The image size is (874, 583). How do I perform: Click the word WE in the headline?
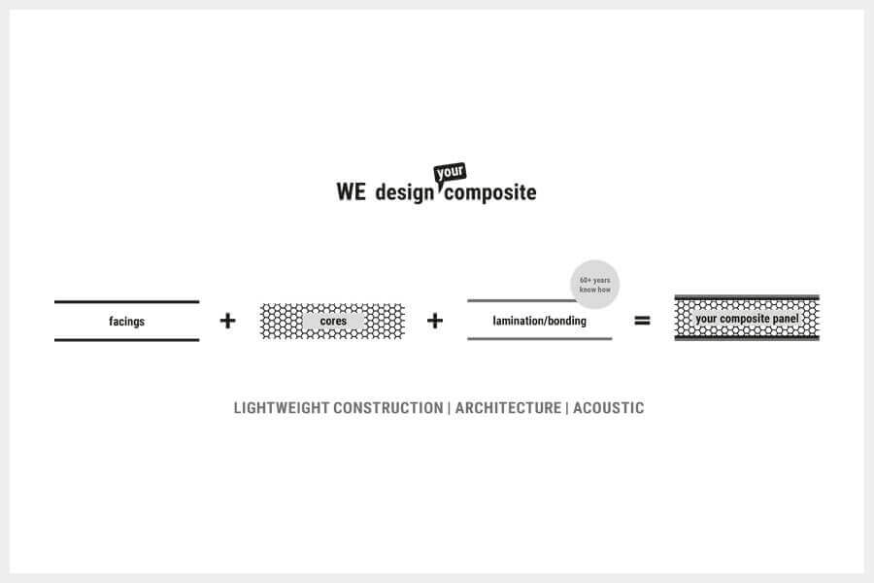[x=351, y=191]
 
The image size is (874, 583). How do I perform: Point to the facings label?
[x=126, y=322]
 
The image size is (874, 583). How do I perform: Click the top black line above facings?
[x=126, y=302]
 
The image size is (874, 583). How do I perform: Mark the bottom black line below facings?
[x=126, y=340]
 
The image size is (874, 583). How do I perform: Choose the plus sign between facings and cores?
[x=227, y=321]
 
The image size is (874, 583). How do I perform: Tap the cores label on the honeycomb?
[x=333, y=321]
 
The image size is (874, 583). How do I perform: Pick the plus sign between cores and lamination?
[x=435, y=321]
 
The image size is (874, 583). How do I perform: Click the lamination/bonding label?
[x=539, y=321]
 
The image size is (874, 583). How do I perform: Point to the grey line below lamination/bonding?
[x=539, y=339]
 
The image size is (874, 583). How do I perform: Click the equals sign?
[x=642, y=320]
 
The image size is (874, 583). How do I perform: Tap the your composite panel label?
[x=747, y=319]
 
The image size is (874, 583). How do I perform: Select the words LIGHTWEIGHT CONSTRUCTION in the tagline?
[x=338, y=408]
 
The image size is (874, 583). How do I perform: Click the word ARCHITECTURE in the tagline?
[x=508, y=408]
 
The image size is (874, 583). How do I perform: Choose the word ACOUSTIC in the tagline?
[x=608, y=408]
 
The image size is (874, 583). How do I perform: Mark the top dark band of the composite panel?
[x=747, y=297]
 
